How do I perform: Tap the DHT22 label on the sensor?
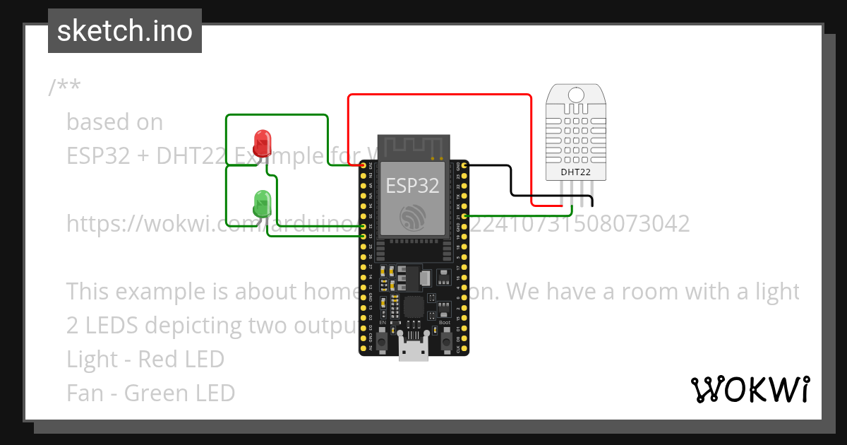click(x=575, y=172)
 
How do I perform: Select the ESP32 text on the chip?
click(x=412, y=186)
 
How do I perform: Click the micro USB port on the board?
click(x=413, y=350)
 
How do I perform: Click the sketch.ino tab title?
click(x=125, y=31)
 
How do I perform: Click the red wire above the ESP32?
click(x=438, y=94)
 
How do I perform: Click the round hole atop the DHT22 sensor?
click(x=576, y=95)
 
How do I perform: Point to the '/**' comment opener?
click(x=64, y=88)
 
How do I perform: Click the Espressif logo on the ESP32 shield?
click(x=413, y=217)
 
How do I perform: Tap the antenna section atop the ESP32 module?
click(x=413, y=147)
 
